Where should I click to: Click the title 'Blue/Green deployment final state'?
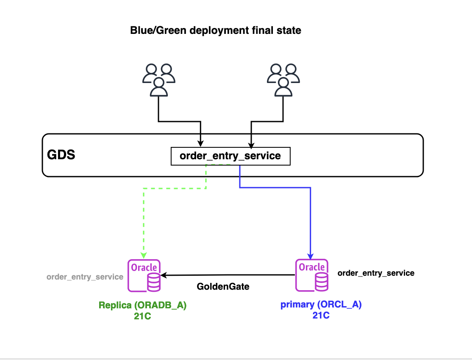tap(216, 30)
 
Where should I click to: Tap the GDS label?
tap(61, 155)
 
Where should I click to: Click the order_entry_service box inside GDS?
tap(230, 156)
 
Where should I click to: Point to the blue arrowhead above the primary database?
tap(311, 256)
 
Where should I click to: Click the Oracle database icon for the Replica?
tap(144, 276)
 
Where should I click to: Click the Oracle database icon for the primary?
tap(311, 276)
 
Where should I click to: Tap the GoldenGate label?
tap(223, 287)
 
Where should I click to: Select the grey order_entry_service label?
tap(85, 277)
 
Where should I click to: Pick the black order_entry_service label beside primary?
tap(376, 273)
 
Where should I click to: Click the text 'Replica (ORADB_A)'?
tap(142, 305)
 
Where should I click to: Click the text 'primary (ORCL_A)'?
tap(321, 305)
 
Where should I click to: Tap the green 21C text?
tap(142, 316)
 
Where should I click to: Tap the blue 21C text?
tap(320, 316)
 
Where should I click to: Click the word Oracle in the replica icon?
tap(144, 268)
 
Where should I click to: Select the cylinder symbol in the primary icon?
tap(321, 282)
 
